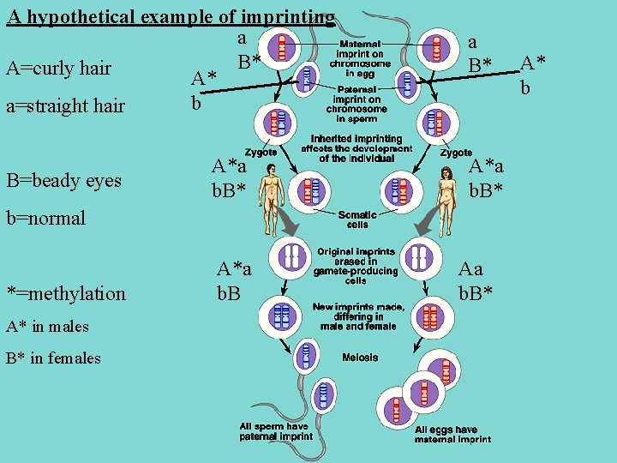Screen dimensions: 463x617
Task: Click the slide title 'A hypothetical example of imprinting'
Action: pos(170,16)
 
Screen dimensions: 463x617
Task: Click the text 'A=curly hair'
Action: pos(58,68)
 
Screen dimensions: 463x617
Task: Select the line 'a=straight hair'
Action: pos(65,106)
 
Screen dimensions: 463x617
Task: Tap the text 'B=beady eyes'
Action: pos(64,180)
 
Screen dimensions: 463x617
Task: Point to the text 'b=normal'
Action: pos(46,218)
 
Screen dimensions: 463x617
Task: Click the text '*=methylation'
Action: pos(66,293)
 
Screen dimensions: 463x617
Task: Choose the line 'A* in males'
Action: pos(47,327)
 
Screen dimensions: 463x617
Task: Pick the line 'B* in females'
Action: pos(53,358)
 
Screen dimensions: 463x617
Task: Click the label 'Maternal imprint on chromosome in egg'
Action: pos(360,58)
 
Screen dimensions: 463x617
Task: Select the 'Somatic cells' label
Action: pos(357,219)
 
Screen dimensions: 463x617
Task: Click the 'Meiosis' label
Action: pos(359,357)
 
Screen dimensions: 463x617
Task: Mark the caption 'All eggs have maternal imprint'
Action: pos(452,434)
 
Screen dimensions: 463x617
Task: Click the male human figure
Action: pos(272,193)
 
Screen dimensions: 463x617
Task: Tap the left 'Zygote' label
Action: pos(261,152)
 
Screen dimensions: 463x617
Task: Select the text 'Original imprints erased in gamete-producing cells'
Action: pos(356,266)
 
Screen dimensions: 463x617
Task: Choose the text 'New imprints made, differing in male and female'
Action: pos(356,316)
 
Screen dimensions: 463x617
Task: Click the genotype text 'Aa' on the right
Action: pos(471,269)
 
